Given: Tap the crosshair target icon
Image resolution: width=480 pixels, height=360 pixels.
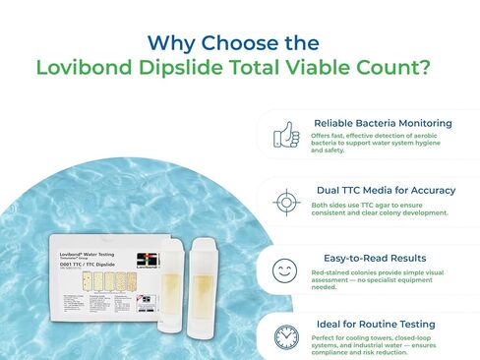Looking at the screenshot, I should pyautogui.click(x=286, y=200).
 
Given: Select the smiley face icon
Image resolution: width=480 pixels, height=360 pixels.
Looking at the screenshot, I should pyautogui.click(x=286, y=267).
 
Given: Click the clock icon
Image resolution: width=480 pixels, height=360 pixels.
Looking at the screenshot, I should pyautogui.click(x=286, y=334).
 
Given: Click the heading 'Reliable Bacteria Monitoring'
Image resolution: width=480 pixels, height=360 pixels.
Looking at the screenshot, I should pyautogui.click(x=383, y=123).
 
